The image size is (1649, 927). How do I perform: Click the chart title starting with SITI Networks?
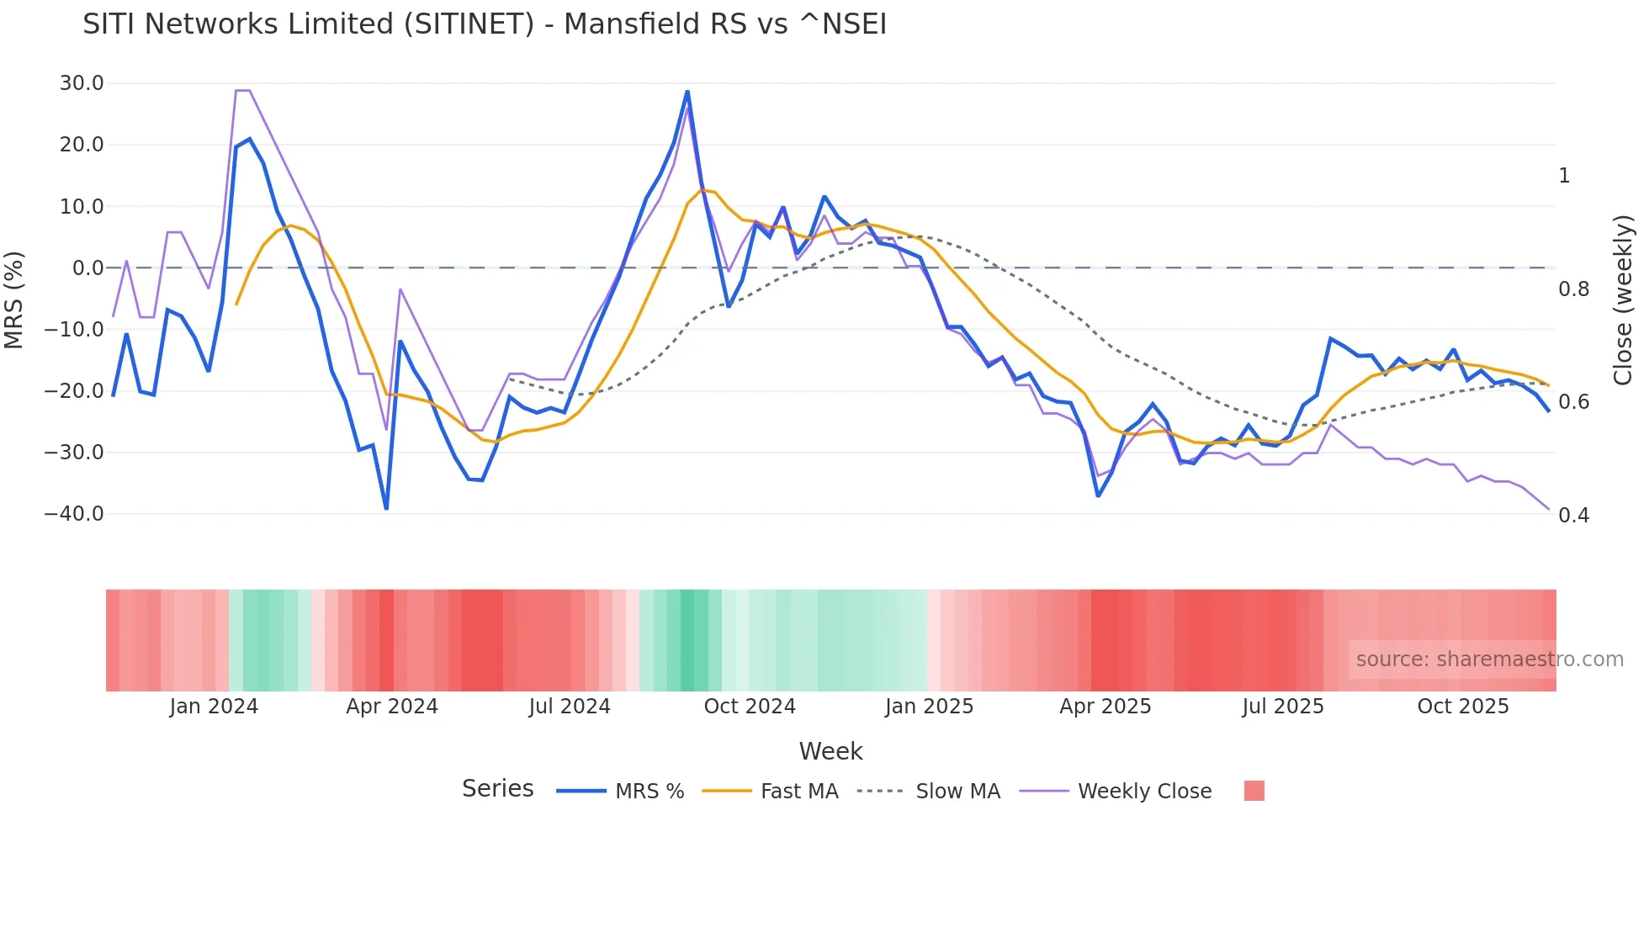tap(485, 24)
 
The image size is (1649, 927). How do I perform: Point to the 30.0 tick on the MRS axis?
tap(82, 83)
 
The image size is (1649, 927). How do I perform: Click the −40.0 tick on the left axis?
tap(74, 514)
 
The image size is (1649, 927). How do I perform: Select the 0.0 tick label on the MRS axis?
tap(87, 268)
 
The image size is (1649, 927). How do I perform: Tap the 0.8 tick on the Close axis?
tap(1573, 289)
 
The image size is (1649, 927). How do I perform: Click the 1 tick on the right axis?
tap(1564, 176)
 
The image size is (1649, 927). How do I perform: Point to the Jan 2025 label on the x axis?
tap(929, 707)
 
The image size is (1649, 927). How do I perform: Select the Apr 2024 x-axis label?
tap(392, 707)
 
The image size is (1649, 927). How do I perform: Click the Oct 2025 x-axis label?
tap(1463, 707)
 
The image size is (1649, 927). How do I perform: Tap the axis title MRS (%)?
tap(14, 299)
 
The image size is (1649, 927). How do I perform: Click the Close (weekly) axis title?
tap(1623, 299)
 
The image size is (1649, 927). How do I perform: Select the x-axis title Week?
tap(830, 751)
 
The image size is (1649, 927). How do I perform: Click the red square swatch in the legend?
tap(1254, 791)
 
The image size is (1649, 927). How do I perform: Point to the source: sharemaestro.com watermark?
tap(1489, 659)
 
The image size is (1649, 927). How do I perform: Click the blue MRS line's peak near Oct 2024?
tap(687, 91)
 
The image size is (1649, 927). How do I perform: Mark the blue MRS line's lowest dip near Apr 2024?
tap(386, 508)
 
